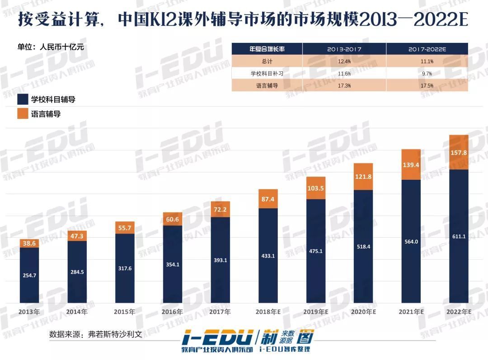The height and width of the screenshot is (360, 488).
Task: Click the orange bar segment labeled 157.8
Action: [x=459, y=152]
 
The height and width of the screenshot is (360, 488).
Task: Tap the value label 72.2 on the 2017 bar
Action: [x=220, y=210]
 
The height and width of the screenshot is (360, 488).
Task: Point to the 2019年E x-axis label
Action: [x=315, y=312]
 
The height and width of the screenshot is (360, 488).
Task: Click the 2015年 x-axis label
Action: [x=125, y=312]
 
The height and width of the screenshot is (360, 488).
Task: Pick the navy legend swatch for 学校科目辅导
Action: [x=23, y=99]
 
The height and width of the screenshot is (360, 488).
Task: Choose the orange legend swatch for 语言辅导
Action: [x=23, y=114]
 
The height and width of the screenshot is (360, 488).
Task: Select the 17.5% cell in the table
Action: [x=427, y=85]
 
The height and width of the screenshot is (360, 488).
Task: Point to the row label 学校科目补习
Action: [x=267, y=73]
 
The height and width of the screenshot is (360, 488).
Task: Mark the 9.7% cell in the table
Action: [x=427, y=73]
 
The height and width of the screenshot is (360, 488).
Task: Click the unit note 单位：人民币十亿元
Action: [x=51, y=47]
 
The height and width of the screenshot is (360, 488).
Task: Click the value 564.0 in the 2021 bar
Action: [x=411, y=242]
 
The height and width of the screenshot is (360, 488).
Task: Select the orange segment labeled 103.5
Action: [x=315, y=188]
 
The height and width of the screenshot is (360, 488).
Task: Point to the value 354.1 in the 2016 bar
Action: [x=172, y=264]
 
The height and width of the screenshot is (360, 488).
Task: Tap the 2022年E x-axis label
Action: [x=459, y=312]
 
